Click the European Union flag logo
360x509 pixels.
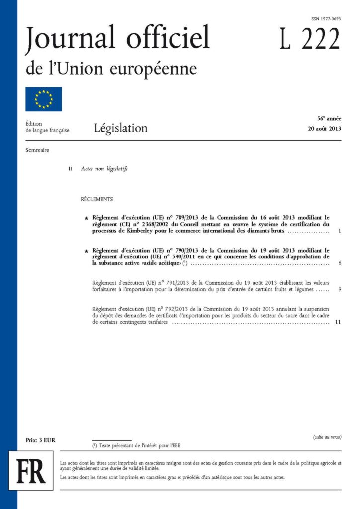[x=44, y=99]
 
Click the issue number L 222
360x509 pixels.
[x=309, y=39]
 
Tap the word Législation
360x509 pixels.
[x=120, y=128]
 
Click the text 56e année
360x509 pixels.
[x=329, y=119]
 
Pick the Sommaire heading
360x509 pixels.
[x=37, y=150]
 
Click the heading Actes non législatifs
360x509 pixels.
[x=104, y=169]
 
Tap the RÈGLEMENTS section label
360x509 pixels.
[x=96, y=199]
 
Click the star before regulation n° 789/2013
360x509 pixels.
[x=87, y=218]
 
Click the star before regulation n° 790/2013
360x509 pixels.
[x=87, y=250]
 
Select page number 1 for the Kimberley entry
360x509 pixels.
[x=338, y=231]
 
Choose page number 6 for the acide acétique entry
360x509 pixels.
[x=338, y=263]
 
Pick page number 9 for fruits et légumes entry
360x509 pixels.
[x=338, y=289]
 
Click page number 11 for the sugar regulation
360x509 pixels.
[x=338, y=322]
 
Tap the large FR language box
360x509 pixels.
[x=31, y=470]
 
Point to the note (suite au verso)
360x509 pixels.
[x=327, y=437]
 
